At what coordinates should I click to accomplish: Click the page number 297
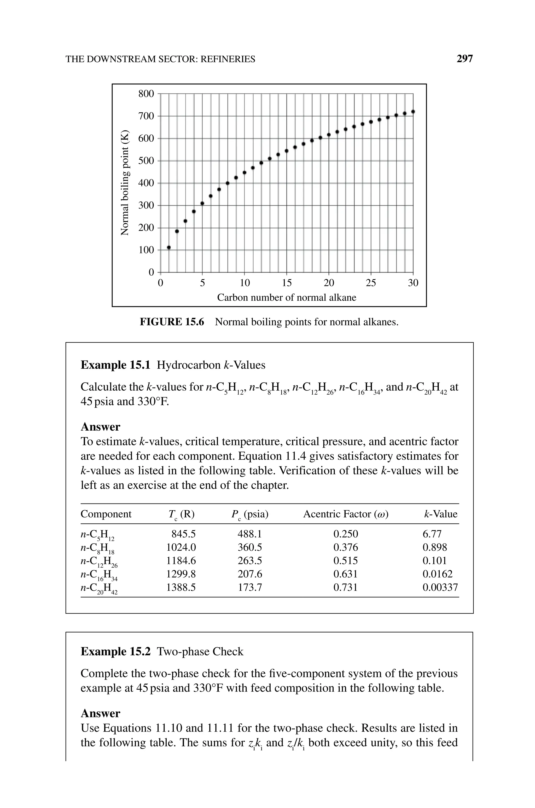464,59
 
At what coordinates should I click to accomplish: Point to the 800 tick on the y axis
146,94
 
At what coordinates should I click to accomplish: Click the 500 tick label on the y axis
146,161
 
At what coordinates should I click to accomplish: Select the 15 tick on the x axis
287,283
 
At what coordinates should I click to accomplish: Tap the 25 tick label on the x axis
371,283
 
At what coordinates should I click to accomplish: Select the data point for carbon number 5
202,203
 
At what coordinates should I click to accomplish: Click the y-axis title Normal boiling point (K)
125,183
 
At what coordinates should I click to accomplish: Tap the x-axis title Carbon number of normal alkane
287,298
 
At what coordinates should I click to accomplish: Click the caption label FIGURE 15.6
172,322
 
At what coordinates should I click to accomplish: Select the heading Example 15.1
115,365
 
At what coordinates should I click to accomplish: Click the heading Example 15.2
115,652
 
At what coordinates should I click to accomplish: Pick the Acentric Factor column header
346,514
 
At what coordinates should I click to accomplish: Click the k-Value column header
440,514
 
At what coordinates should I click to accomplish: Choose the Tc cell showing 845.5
184,534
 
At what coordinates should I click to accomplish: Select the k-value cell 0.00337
440,587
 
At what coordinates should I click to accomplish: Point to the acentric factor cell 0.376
346,547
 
